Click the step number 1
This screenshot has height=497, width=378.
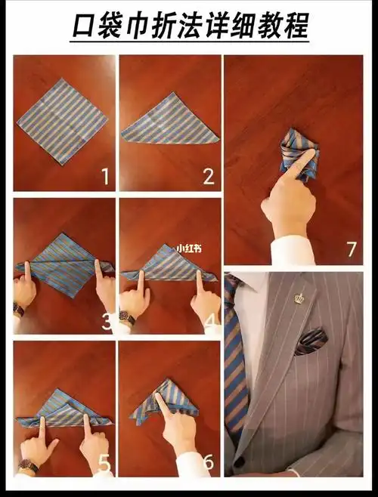click(106, 177)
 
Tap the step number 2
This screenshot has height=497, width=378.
click(209, 177)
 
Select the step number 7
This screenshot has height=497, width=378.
click(352, 249)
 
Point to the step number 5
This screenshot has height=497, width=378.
click(104, 465)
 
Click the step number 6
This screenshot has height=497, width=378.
click(209, 461)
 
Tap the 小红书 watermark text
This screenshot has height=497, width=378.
click(190, 248)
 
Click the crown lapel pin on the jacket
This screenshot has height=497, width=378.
click(298, 298)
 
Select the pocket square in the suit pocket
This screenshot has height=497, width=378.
click(311, 341)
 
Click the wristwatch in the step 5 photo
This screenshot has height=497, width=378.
click(28, 465)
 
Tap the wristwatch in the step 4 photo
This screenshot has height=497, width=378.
click(127, 317)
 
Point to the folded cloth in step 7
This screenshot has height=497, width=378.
click(299, 154)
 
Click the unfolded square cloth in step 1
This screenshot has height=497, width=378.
click(63, 122)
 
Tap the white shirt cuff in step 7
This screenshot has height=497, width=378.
click(291, 251)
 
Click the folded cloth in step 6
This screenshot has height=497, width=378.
click(165, 401)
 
